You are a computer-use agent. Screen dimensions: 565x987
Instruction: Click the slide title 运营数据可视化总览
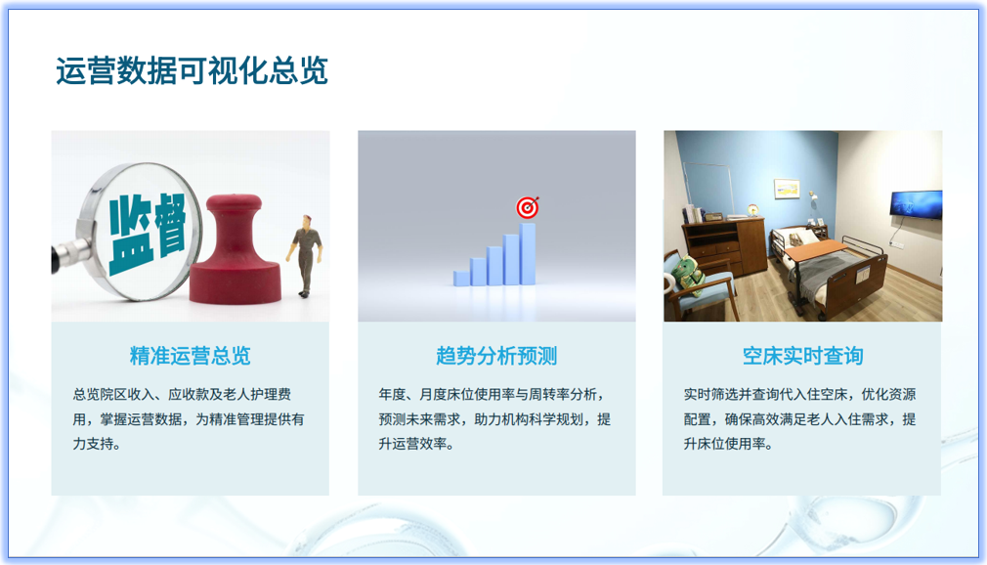click(x=192, y=71)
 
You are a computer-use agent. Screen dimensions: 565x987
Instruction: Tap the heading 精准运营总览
click(x=190, y=355)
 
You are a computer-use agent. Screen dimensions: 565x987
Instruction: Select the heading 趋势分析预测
click(x=496, y=355)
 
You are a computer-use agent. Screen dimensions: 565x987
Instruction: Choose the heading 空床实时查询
click(x=802, y=355)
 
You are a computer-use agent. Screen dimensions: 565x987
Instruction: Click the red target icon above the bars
click(x=528, y=207)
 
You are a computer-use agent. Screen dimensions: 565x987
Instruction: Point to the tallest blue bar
click(x=528, y=253)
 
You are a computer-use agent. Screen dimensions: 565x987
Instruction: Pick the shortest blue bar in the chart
click(x=461, y=278)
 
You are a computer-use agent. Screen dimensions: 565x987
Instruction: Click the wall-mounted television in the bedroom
click(x=915, y=203)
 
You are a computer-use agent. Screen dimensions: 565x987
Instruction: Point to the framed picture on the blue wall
click(x=787, y=189)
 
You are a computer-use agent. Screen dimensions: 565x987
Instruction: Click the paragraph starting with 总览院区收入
click(x=189, y=418)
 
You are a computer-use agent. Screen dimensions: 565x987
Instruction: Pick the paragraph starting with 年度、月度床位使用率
click(x=494, y=418)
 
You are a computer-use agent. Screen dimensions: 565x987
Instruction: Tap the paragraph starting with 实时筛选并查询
click(x=800, y=418)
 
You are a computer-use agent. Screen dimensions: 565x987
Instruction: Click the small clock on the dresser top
click(x=753, y=209)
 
